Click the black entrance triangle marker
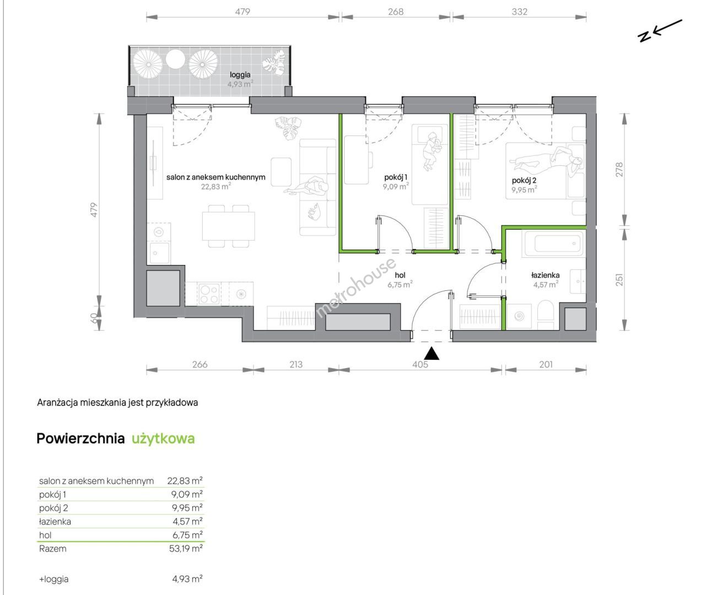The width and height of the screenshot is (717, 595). [432, 354]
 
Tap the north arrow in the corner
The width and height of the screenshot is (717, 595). [660, 31]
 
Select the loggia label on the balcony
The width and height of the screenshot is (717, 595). [240, 75]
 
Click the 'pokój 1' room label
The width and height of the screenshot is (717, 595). [396, 177]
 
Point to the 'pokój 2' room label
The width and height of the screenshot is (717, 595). [524, 180]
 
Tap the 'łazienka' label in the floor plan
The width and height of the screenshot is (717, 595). [545, 275]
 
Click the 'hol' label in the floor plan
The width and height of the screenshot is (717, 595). [400, 275]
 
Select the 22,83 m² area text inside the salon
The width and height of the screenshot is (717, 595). [216, 186]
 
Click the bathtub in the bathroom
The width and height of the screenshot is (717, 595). [553, 244]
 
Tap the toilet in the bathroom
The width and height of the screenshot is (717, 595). [545, 315]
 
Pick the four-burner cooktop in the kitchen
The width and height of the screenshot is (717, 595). [209, 294]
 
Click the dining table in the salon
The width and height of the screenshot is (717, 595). [228, 226]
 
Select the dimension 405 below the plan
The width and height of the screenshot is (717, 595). [420, 364]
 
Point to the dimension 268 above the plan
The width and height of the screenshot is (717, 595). [396, 12]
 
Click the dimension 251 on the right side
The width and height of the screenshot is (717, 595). [619, 279]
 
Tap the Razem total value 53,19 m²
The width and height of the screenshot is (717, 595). [186, 548]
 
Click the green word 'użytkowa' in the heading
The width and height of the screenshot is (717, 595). [163, 439]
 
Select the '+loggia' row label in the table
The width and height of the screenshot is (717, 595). [54, 579]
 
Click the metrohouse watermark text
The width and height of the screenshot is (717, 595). [355, 288]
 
